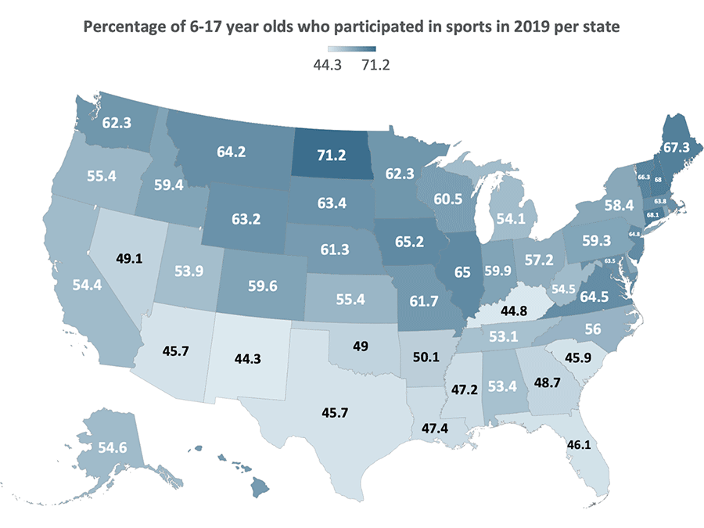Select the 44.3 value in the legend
tap(329, 66)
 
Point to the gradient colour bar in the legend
tap(352, 52)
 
